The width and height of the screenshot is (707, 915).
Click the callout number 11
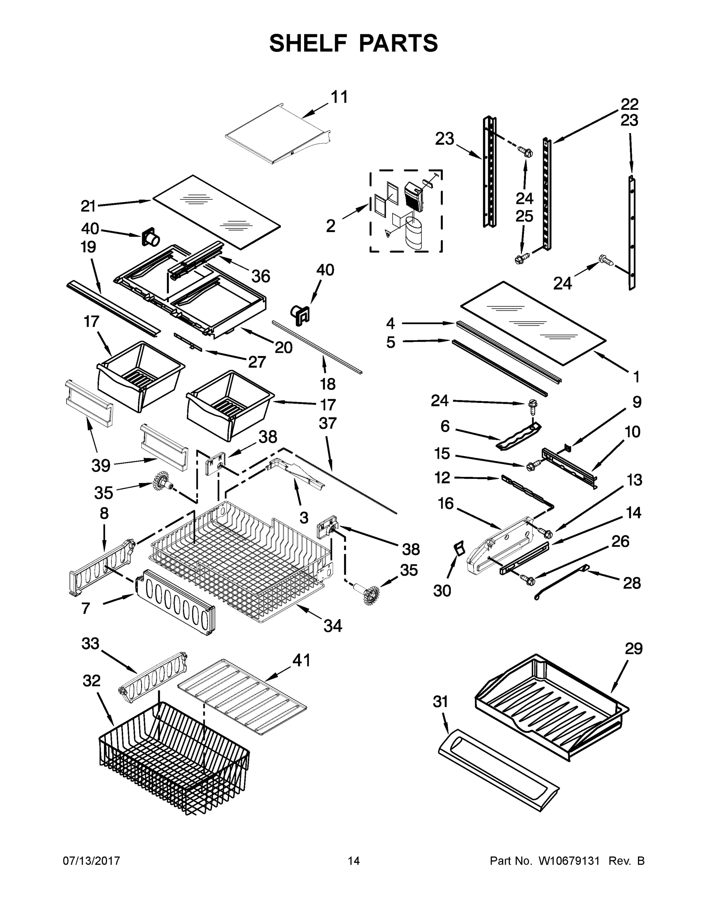click(339, 97)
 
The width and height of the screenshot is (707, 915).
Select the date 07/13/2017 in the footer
click(91, 861)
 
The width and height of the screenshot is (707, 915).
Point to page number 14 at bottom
click(354, 861)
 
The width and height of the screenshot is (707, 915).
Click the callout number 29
click(634, 649)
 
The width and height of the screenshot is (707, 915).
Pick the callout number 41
click(301, 660)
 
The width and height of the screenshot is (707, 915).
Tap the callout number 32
click(91, 681)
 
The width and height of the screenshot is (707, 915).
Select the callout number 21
click(88, 206)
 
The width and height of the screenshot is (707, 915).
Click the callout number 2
click(330, 226)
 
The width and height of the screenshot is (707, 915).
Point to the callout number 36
click(261, 276)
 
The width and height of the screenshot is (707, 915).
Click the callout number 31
click(440, 701)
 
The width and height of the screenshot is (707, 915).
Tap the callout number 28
click(632, 583)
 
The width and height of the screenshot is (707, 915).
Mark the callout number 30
click(442, 591)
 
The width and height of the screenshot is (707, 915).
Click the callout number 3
click(304, 518)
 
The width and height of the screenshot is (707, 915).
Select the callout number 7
click(85, 608)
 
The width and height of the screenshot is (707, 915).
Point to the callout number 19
click(88, 247)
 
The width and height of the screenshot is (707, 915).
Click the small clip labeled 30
click(460, 547)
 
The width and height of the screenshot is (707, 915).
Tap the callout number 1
click(636, 377)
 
